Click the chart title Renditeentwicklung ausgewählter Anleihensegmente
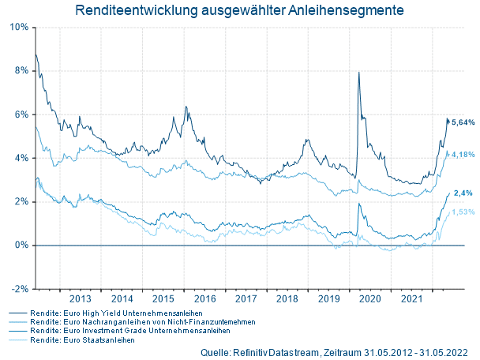(239, 11)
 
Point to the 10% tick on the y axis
(20, 27)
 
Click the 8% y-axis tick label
(22, 70)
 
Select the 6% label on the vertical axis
(22, 114)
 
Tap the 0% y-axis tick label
(22, 245)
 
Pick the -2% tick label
(21, 289)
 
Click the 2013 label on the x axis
(81, 299)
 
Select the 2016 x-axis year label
(204, 299)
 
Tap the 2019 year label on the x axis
(328, 299)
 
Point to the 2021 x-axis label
(411, 299)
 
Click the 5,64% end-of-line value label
(463, 122)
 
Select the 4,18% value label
(463, 155)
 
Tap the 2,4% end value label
(463, 193)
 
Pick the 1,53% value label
(463, 212)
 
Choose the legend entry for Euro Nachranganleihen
(130, 322)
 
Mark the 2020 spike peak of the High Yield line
(359, 73)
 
